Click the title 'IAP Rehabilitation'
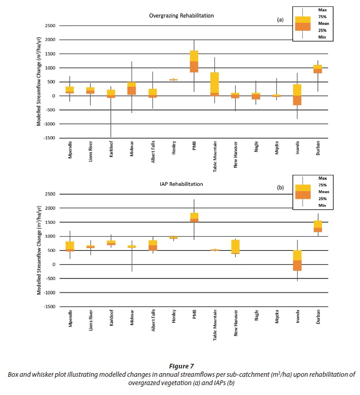pos(182,184)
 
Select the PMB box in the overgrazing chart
pos(194,61)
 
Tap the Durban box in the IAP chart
pos(318,226)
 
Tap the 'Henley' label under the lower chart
pos(174,317)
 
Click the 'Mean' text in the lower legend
pos(324,192)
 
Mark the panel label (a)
pos(279,20)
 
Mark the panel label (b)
pos(279,188)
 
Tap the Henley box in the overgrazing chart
pos(173,80)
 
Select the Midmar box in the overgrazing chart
pos(132,88)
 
